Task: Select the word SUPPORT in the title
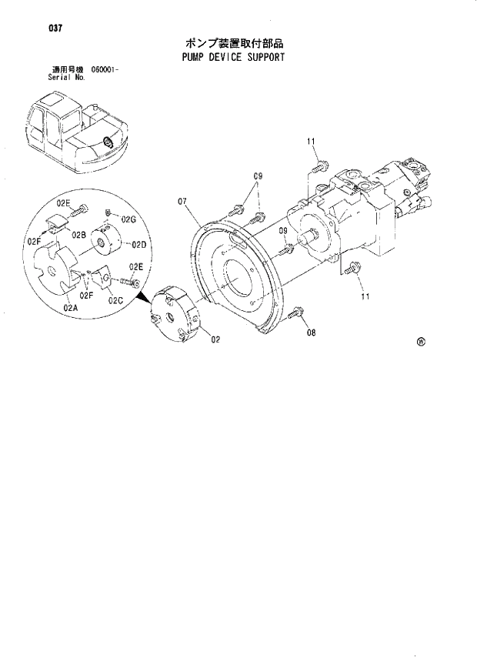(x=265, y=57)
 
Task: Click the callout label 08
(x=311, y=333)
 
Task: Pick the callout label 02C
(x=116, y=299)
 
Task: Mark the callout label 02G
(x=128, y=219)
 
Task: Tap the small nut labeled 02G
(x=110, y=212)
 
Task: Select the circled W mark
(x=421, y=342)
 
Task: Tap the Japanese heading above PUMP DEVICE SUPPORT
(x=229, y=43)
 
